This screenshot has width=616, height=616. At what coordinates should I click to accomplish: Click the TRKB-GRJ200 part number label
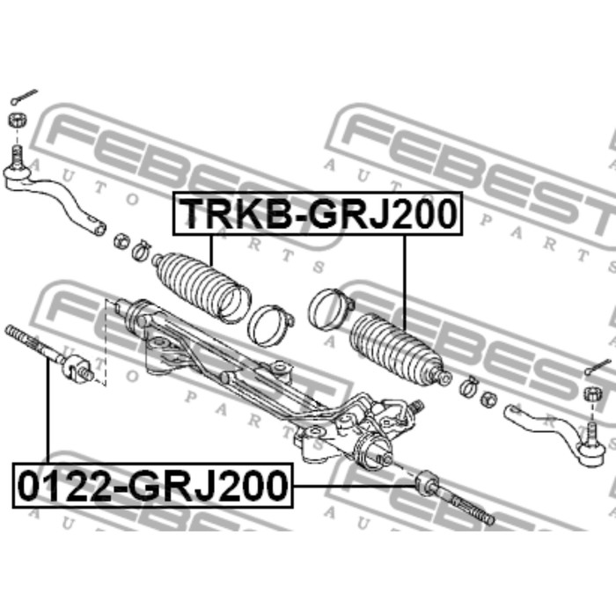[318, 213]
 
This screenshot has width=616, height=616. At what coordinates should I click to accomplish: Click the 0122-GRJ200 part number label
[153, 486]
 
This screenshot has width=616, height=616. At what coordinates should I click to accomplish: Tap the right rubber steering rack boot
[400, 350]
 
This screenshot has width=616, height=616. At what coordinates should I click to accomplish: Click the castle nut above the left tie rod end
[18, 120]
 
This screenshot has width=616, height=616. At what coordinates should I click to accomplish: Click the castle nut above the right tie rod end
[592, 393]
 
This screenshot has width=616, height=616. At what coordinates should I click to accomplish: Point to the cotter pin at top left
[24, 97]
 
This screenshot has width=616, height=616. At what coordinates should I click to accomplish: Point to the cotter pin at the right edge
[598, 366]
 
